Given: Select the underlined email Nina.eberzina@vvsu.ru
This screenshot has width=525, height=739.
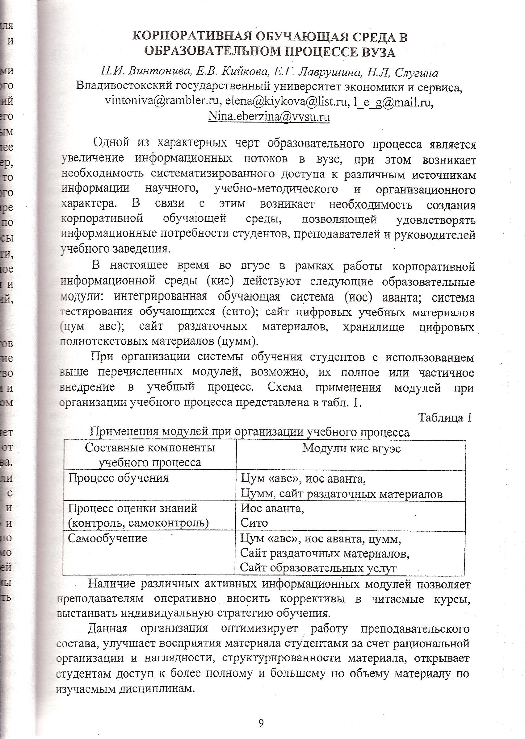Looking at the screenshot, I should [269, 117].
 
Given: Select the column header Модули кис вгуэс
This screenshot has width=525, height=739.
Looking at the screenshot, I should [351, 449].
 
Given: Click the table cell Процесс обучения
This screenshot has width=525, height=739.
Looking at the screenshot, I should [118, 478].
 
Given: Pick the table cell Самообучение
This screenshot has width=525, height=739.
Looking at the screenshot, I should [108, 538].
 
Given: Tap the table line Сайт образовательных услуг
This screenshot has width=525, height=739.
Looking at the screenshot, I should [318, 568].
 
